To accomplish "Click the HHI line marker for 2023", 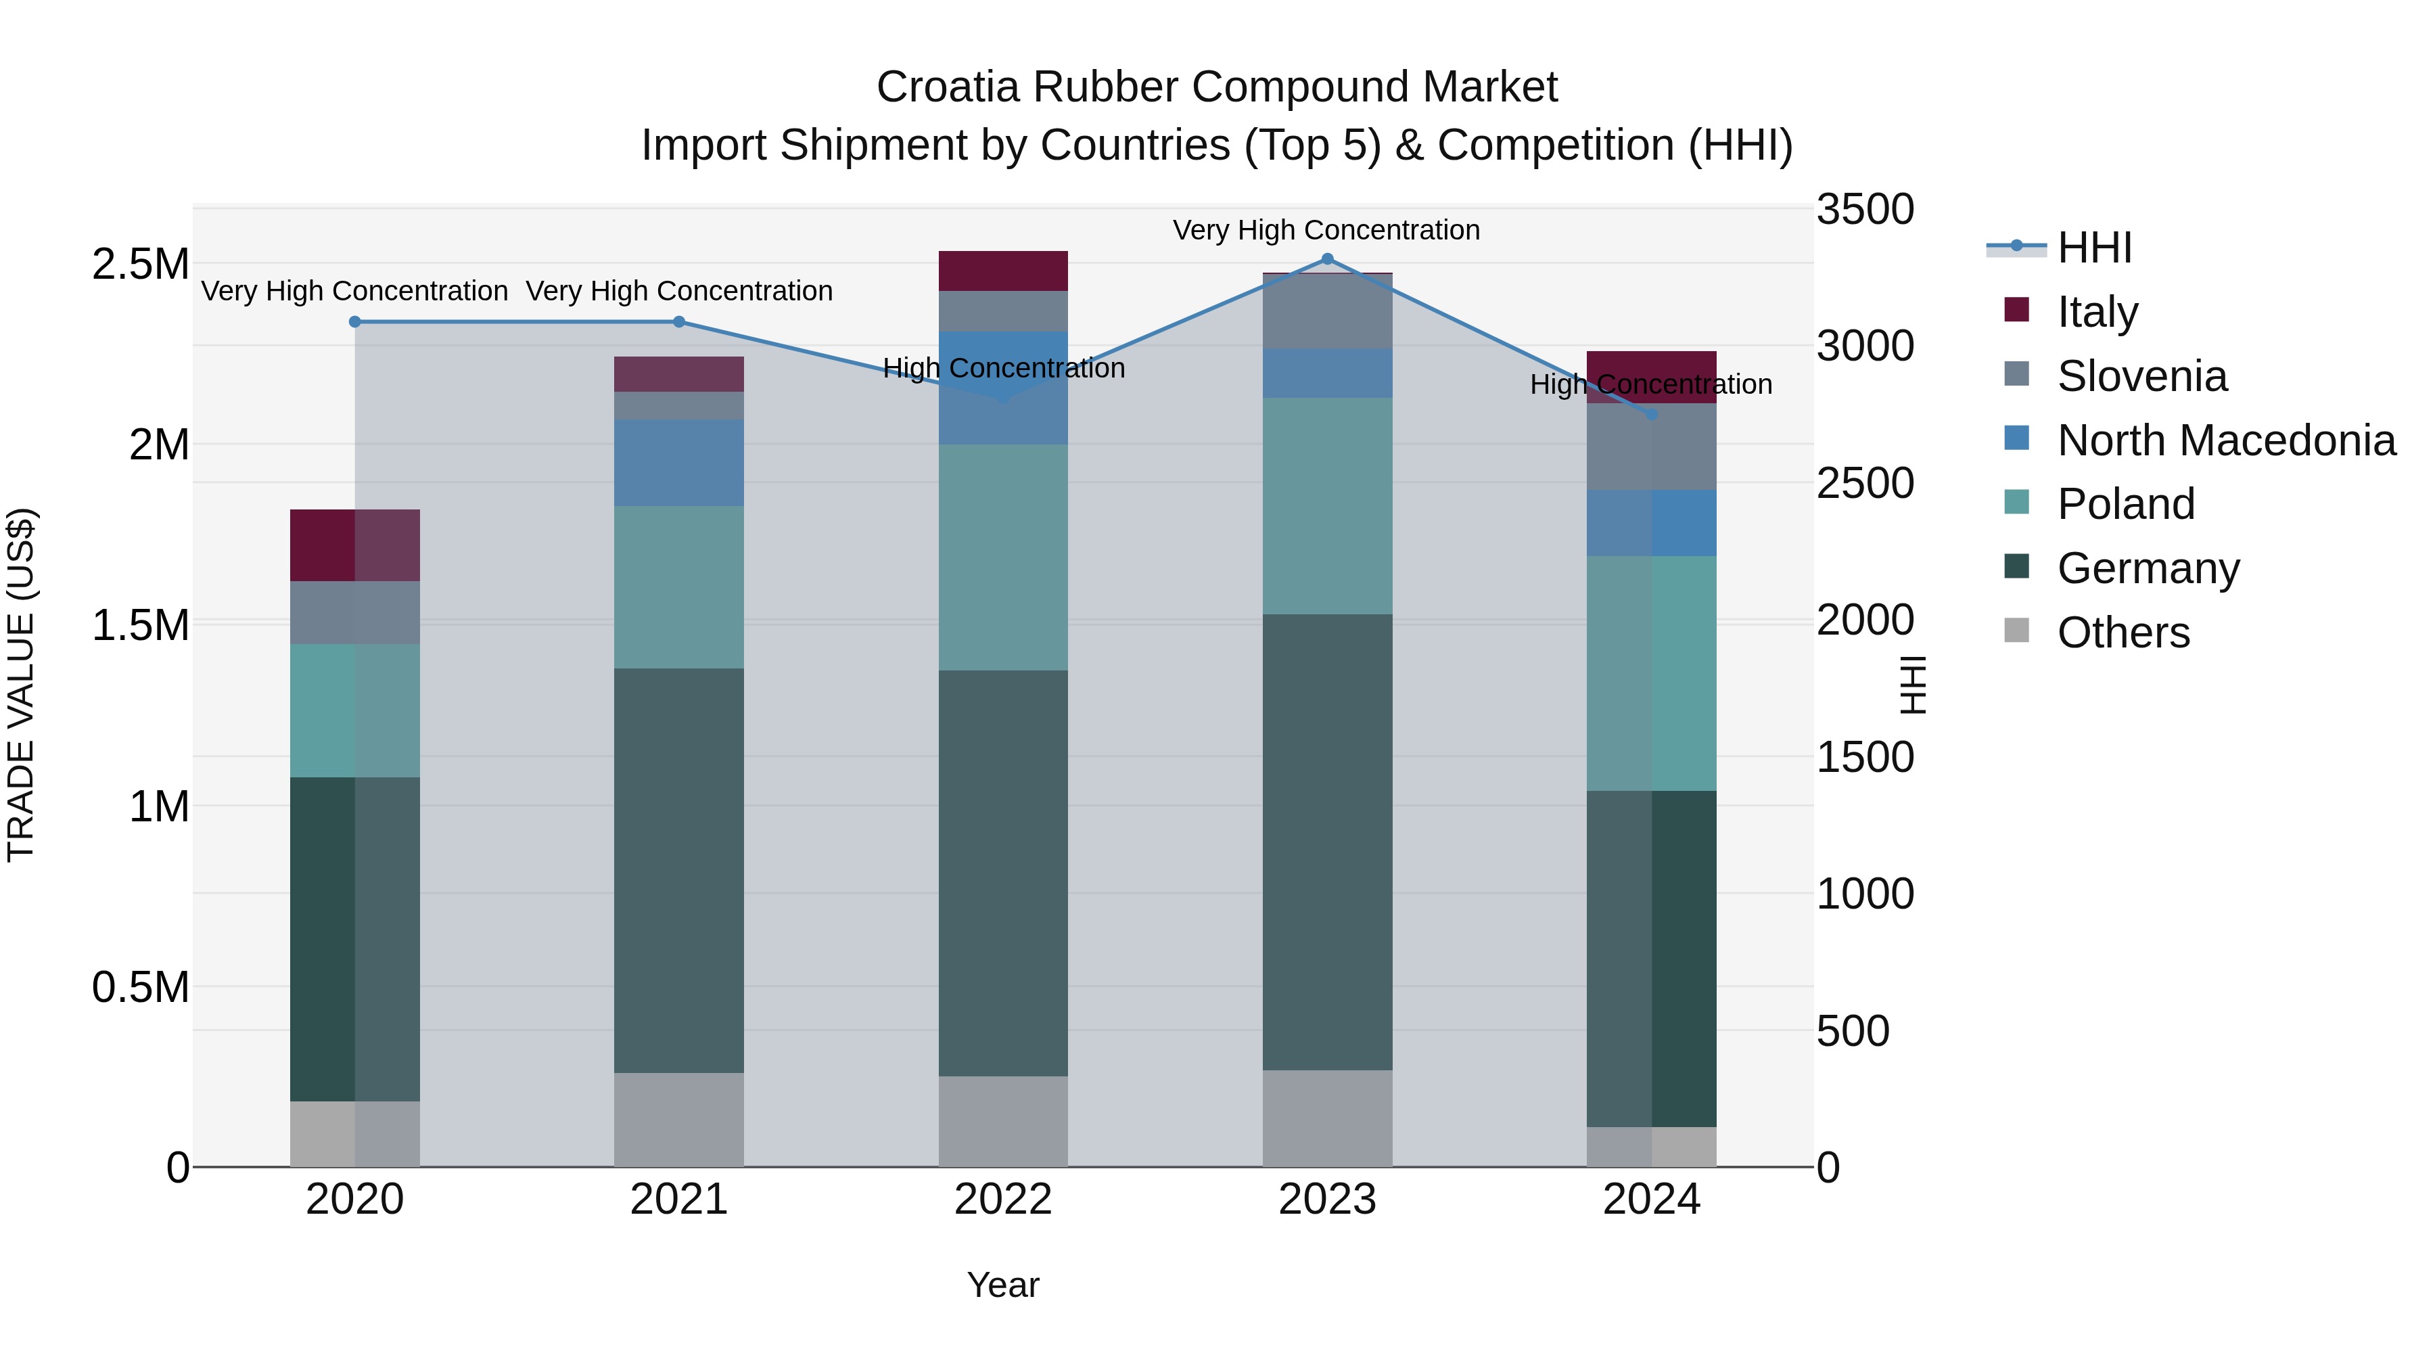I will pyautogui.click(x=1327, y=259).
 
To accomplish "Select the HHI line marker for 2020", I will pyautogui.click(x=355, y=321).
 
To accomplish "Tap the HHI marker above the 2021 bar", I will pyautogui.click(x=678, y=321).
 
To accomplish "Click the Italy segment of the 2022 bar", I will pyautogui.click(x=1003, y=271).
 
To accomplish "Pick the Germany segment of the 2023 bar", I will pyautogui.click(x=1327, y=842).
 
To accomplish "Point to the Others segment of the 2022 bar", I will pyautogui.click(x=1003, y=1121).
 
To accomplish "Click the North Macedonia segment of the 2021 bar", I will pyautogui.click(x=678, y=463).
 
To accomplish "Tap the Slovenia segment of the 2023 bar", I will pyautogui.click(x=1327, y=311).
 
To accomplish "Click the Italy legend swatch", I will pyautogui.click(x=2016, y=310).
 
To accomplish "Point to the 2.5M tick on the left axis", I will pyautogui.click(x=140, y=265).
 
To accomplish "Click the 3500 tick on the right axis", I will pyautogui.click(x=1865, y=209).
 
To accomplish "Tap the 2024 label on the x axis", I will pyautogui.click(x=1651, y=1200).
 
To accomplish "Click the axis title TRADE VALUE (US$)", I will pyautogui.click(x=21, y=685).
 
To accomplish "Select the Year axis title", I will pyautogui.click(x=1003, y=1285).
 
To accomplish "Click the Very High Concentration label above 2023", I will pyautogui.click(x=1326, y=230).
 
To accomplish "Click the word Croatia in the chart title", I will pyautogui.click(x=948, y=87).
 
